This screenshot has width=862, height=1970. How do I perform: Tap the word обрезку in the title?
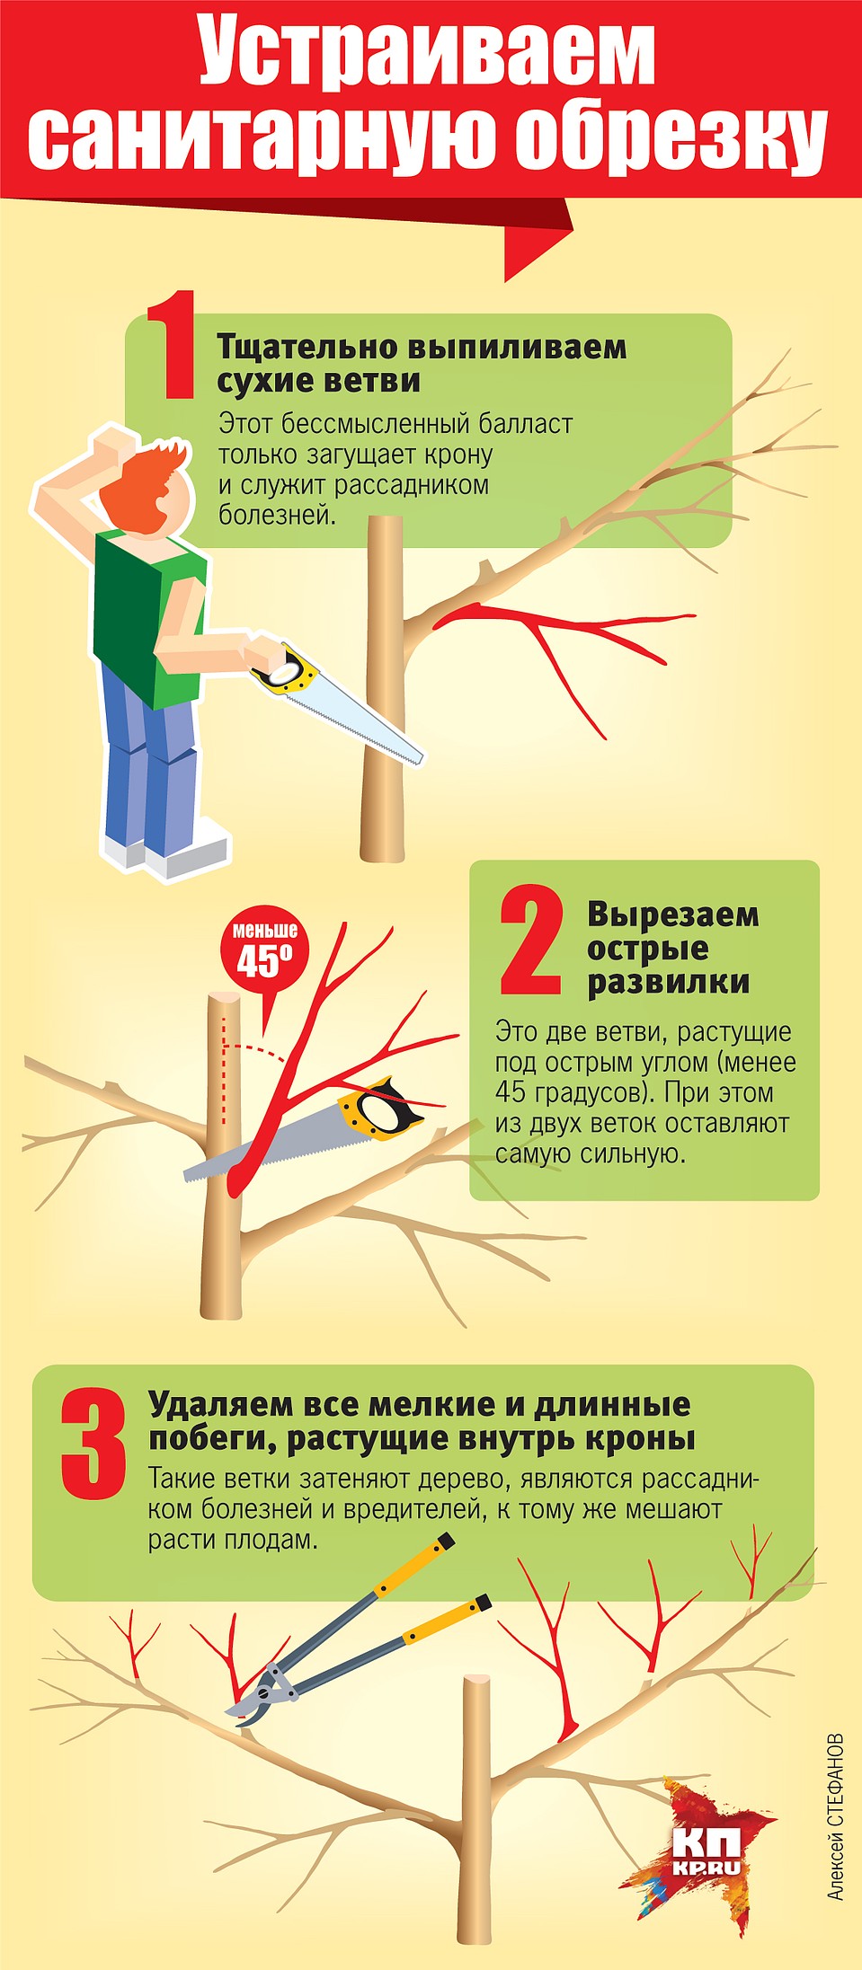(x=671, y=140)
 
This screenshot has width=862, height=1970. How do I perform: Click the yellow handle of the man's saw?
(x=287, y=670)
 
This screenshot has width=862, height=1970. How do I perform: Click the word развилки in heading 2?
(x=669, y=983)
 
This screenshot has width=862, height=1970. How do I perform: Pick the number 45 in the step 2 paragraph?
(x=511, y=1093)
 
